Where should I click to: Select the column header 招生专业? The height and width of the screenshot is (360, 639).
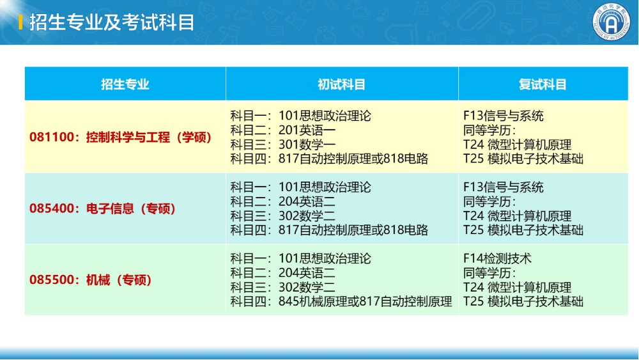125,84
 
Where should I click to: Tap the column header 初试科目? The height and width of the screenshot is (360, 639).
342,84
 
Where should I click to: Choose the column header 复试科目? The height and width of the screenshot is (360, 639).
543,84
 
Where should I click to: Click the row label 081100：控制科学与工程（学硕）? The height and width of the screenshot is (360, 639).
121,137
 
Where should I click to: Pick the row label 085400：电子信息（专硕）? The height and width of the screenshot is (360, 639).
103,208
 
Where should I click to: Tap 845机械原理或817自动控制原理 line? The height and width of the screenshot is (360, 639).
341,302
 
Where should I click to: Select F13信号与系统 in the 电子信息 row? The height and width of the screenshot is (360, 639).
504,187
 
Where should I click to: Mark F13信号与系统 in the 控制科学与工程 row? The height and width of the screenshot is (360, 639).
504,116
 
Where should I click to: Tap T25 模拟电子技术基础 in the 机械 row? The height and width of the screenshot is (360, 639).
523,302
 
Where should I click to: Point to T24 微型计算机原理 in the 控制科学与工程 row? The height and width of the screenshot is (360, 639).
518,145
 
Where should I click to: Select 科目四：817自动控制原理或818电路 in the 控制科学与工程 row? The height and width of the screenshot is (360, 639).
329,159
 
